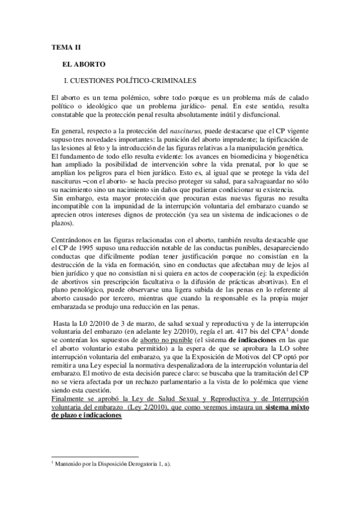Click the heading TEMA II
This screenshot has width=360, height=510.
click(x=63, y=46)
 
